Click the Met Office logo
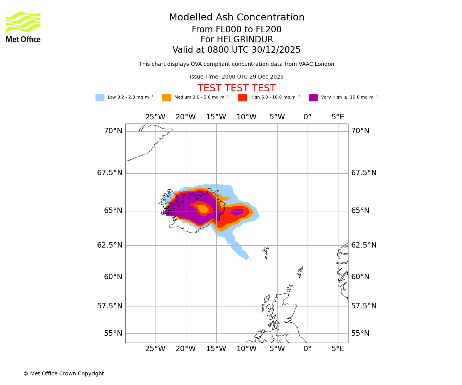tap(23, 27)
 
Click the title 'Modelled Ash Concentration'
tap(237, 18)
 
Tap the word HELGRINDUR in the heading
tap(245, 40)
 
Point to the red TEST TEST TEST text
tap(236, 88)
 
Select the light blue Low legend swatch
tap(100, 98)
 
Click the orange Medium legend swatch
tap(166, 98)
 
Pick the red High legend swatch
tap(242, 98)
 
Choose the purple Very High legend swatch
tap(313, 98)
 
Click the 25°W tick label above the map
tap(155, 117)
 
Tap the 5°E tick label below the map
tap(338, 349)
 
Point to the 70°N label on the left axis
tap(113, 131)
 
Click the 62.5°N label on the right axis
tap(363, 245)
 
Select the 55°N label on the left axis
tap(113, 333)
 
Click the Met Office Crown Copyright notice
tap(64, 374)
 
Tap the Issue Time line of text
tap(236, 77)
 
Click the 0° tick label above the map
tap(307, 117)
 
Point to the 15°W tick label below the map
tap(216, 349)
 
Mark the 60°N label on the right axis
tap(360, 277)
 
